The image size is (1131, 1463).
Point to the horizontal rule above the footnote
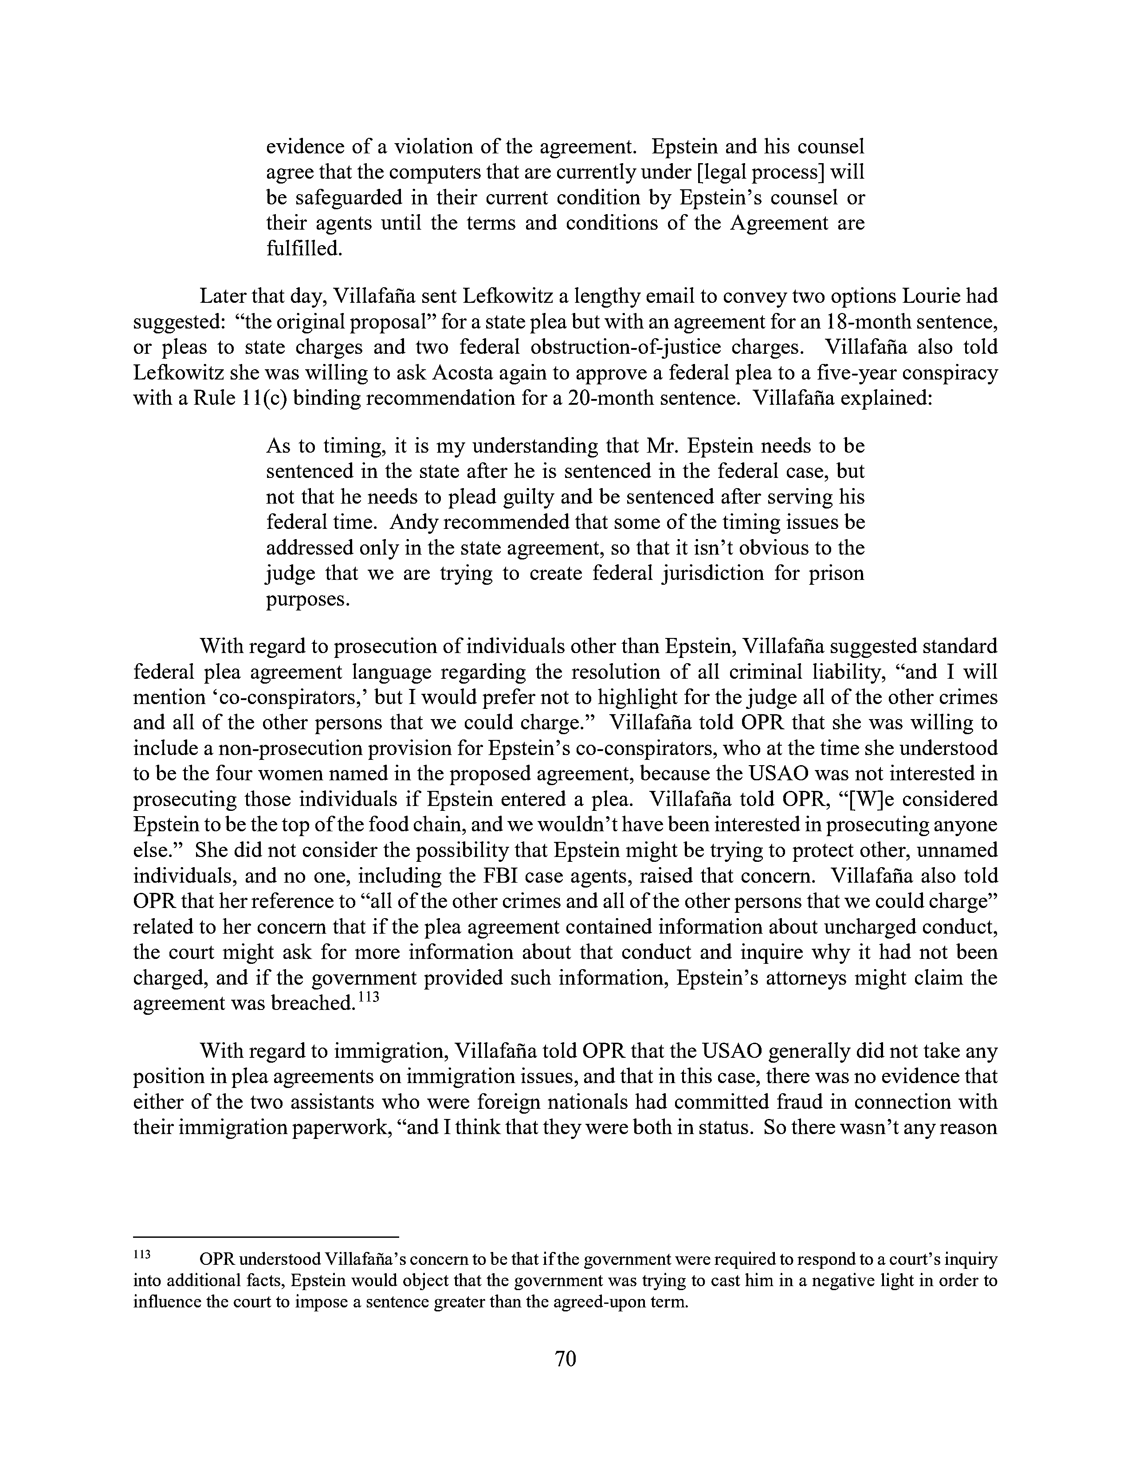[266, 1236]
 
